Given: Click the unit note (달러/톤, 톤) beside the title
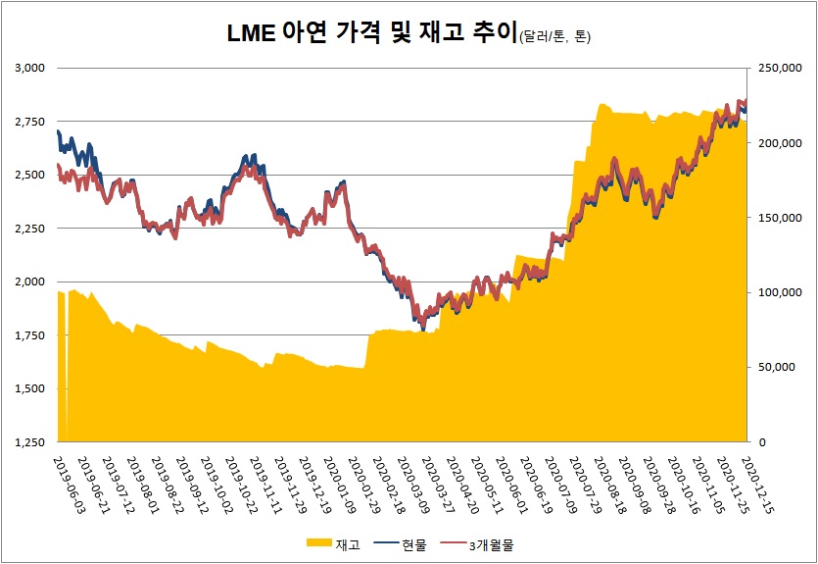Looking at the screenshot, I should click(x=554, y=38).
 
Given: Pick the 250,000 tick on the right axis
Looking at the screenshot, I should click(x=774, y=69).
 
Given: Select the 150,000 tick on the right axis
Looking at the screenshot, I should click(x=774, y=218).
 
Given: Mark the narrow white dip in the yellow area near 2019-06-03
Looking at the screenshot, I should click(x=66, y=392).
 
